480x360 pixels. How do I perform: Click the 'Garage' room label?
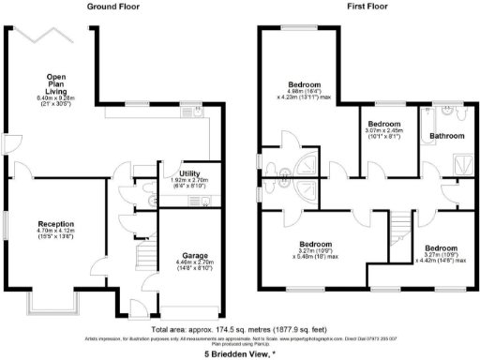pos(192,254)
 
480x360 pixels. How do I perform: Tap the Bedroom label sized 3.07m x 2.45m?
pos(383,125)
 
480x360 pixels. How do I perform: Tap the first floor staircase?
pos(399,225)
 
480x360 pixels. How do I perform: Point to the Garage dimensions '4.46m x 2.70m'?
pos(192,263)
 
